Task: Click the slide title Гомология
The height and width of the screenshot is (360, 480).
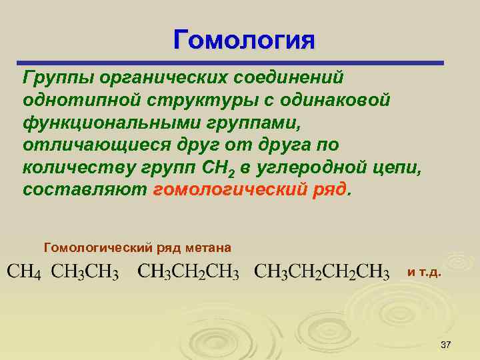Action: pyautogui.click(x=243, y=39)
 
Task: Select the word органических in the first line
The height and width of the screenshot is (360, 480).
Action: pyautogui.click(x=161, y=78)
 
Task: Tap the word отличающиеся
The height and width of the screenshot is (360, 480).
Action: pyautogui.click(x=81, y=145)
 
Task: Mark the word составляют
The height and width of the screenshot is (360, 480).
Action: pyautogui.click(x=85, y=189)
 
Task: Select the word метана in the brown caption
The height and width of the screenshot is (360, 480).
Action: pyautogui.click(x=209, y=248)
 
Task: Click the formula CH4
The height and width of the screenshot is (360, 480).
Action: pyautogui.click(x=24, y=273)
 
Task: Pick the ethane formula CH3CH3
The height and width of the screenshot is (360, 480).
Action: pyautogui.click(x=85, y=273)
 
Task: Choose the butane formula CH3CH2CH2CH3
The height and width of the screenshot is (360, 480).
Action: pyautogui.click(x=323, y=273)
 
